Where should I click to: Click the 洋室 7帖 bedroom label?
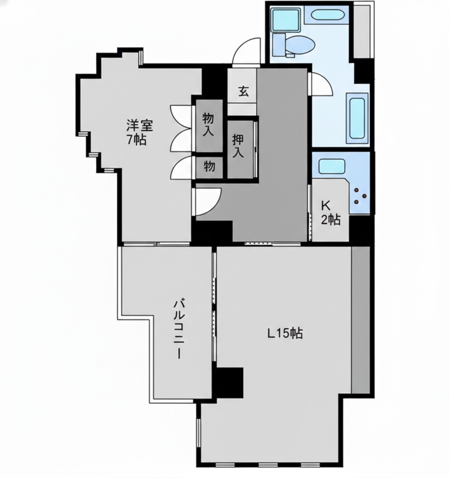coord(139,132)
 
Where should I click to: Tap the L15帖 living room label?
coord(285,333)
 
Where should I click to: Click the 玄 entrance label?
coord(243,91)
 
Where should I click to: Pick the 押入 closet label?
coord(239,146)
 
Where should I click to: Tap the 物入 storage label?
coord(209,124)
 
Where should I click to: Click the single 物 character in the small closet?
coord(209,167)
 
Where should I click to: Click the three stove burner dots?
coord(360,196)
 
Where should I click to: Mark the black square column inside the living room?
coord(229,382)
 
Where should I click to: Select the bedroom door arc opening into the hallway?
coord(208,201)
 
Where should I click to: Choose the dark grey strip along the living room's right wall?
coord(361,320)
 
